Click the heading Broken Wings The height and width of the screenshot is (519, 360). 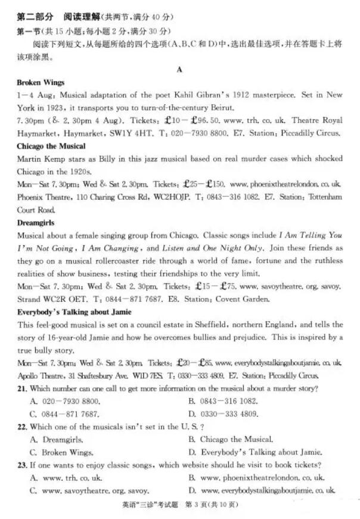pos(41,82)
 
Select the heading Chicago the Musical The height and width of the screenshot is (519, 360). pos(51,146)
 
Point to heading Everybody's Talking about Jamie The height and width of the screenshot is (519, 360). pos(75,312)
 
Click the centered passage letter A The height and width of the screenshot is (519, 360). pos(179,69)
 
